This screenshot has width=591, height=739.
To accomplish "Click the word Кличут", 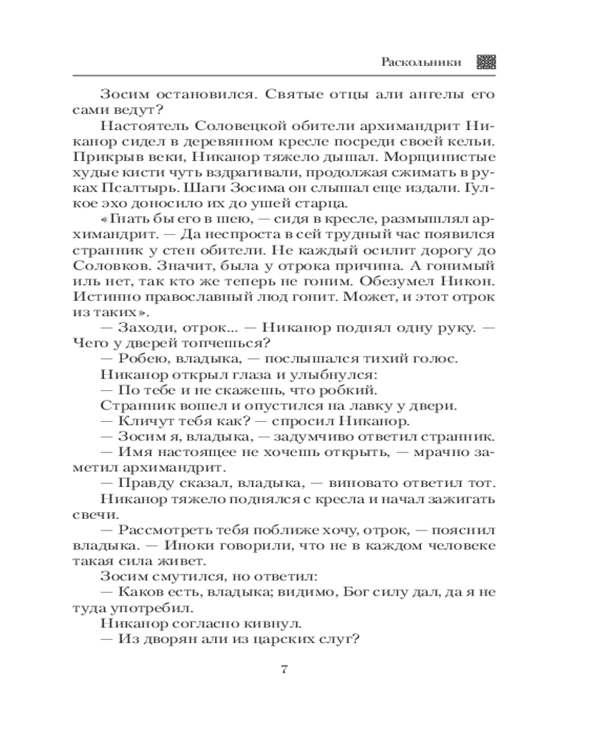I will (140, 422).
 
